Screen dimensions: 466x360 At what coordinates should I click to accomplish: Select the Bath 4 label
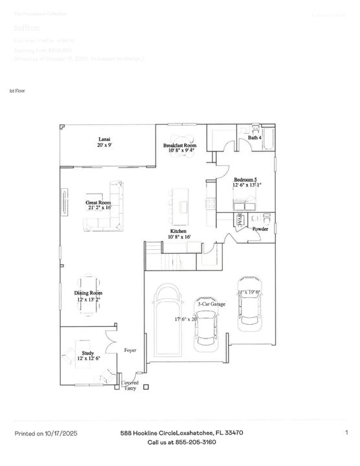(254, 138)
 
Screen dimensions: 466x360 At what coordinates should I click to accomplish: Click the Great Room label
(99, 205)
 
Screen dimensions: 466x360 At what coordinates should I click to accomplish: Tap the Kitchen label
(179, 234)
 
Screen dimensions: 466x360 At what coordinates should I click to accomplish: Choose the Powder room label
(260, 229)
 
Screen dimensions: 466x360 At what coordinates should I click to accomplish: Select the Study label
(88, 356)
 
